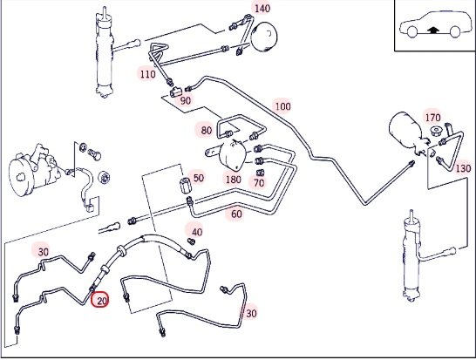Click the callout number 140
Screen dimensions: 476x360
(262, 9)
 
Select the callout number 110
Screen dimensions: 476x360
(147, 74)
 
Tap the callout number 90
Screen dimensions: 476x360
(185, 100)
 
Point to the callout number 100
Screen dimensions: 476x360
(282, 106)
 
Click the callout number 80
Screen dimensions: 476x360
(207, 131)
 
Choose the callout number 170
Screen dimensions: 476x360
(432, 118)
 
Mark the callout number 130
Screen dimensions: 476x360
(463, 168)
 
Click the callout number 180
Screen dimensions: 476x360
(233, 180)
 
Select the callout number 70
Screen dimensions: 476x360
(259, 183)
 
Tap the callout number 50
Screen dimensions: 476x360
(198, 178)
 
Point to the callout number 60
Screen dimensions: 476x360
(236, 214)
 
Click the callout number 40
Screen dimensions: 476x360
(197, 232)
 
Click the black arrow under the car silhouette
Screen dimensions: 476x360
(433, 30)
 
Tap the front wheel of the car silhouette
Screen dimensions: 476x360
(412, 32)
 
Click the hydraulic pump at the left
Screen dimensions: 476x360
(33, 170)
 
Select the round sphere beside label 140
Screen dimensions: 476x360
(265, 37)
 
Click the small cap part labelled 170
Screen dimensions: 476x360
(436, 131)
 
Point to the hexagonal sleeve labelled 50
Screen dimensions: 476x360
(184, 186)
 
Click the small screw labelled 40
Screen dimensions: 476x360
(191, 241)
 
